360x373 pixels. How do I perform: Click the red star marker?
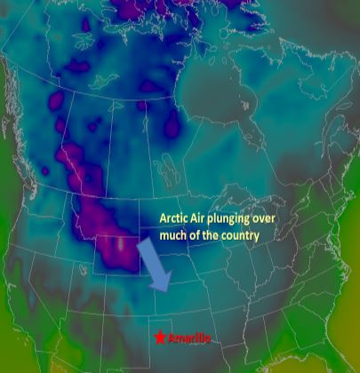pos(158,337)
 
